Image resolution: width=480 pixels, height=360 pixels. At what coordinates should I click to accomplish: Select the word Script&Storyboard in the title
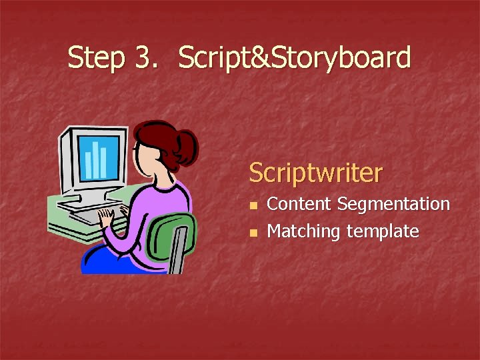294,58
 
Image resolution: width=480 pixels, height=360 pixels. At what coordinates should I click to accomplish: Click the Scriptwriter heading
315,173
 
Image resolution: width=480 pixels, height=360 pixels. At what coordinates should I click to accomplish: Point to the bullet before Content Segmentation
253,205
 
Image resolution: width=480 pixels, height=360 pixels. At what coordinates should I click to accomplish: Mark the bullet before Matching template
253,233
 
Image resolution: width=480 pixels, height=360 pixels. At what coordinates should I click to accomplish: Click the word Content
299,204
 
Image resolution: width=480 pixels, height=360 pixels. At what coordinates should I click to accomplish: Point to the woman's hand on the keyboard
105,217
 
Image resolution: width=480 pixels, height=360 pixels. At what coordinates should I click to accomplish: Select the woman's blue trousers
107,261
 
